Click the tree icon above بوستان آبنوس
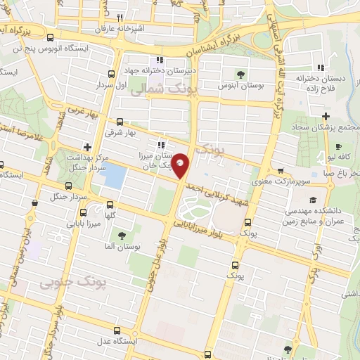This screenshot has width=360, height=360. pyautogui.click(x=240, y=73)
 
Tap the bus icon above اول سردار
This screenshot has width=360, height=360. pyautogui.click(x=111, y=74)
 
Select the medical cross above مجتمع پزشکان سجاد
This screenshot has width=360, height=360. pyautogui.click(x=326, y=116)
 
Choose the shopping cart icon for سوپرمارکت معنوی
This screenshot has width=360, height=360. pyautogui.click(x=281, y=171)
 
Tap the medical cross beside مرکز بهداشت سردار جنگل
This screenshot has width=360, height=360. pyautogui.click(x=86, y=147)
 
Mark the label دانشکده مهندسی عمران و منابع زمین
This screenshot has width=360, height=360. pyautogui.click(x=314, y=216)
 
